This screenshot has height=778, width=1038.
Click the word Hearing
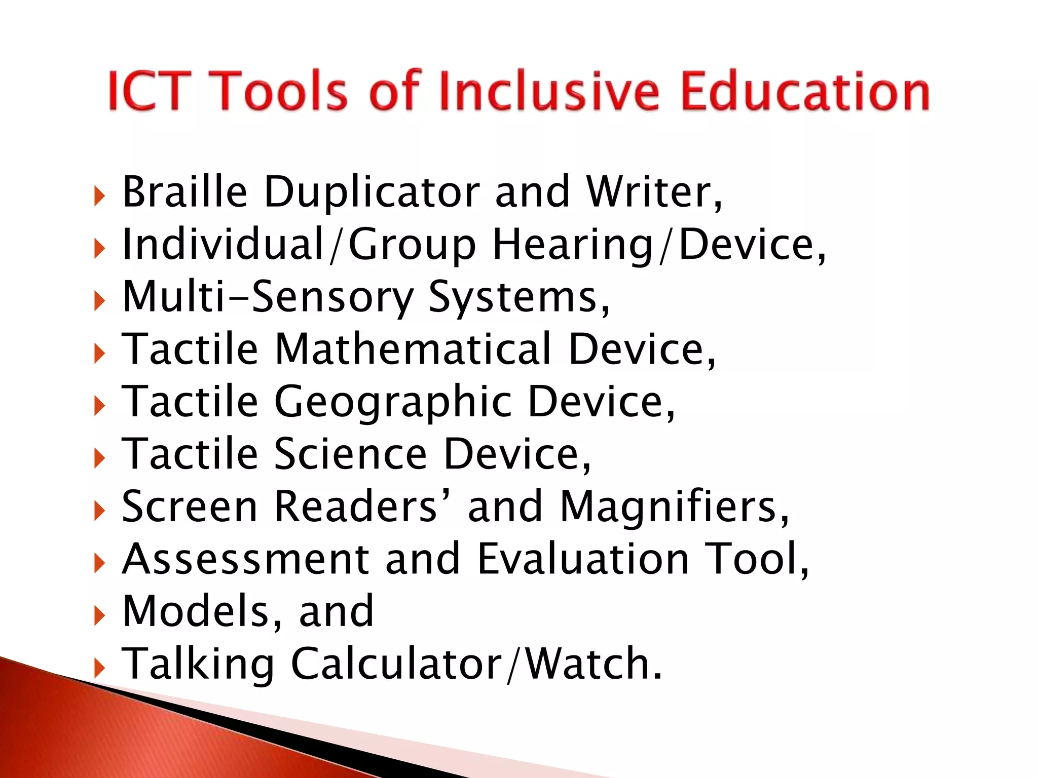pyautogui.click(x=573, y=246)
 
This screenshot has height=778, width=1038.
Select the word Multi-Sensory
pyautogui.click(x=268, y=297)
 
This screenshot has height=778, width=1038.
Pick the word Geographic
pyautogui.click(x=393, y=403)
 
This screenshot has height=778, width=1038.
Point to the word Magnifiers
pyautogui.click(x=674, y=507)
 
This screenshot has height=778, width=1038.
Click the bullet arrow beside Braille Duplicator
pyautogui.click(x=99, y=196)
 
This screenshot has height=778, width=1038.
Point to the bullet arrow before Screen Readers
pyautogui.click(x=99, y=511)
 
